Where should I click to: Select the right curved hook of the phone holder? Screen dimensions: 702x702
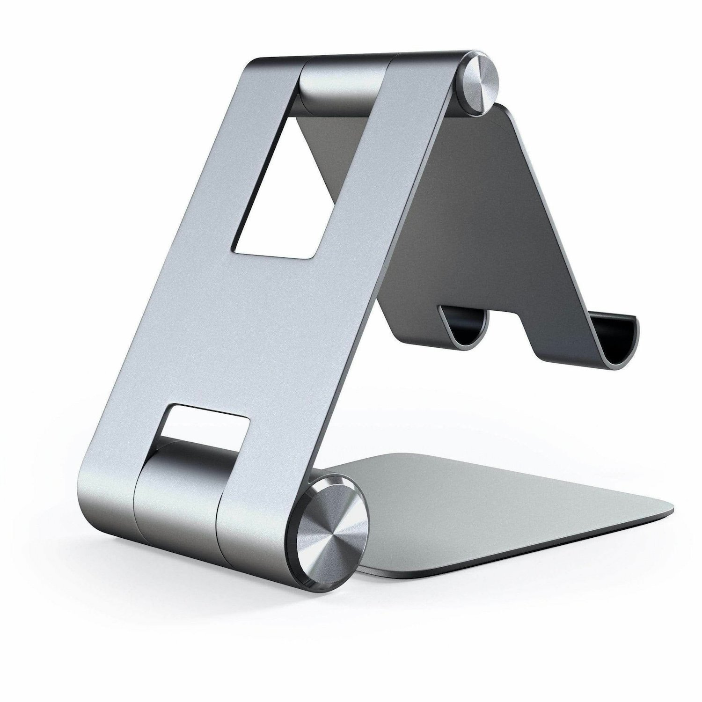click(613, 342)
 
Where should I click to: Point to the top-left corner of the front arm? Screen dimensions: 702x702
click(257, 63)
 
